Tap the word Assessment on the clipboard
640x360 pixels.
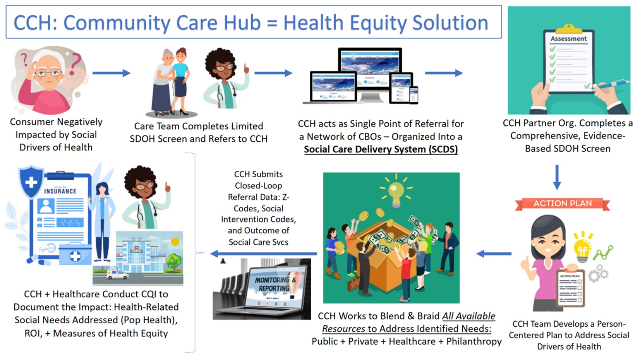[x=569, y=39]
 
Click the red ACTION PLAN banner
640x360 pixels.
[x=563, y=204]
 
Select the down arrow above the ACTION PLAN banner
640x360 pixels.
[x=557, y=177]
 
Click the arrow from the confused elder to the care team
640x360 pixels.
[x=112, y=73]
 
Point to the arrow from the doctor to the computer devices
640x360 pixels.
[x=273, y=73]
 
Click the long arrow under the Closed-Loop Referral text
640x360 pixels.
[x=263, y=254]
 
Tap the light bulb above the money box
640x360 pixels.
[x=396, y=192]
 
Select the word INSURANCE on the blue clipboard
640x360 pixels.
[x=60, y=191]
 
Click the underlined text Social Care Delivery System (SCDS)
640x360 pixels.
[x=381, y=149]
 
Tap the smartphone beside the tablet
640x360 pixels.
[x=414, y=95]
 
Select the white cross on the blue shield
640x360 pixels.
[x=31, y=183]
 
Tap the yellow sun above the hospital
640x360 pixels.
[x=175, y=242]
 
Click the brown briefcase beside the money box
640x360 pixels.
[x=353, y=284]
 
